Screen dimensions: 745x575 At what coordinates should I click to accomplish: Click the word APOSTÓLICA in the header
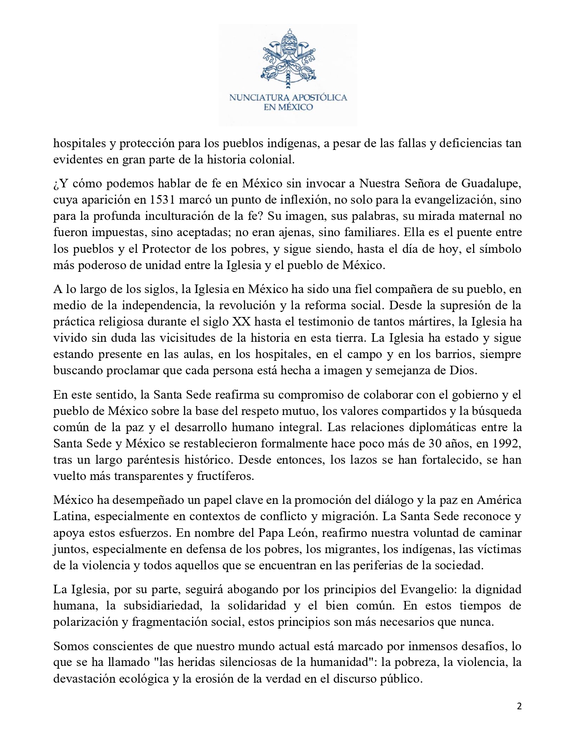click(x=320, y=98)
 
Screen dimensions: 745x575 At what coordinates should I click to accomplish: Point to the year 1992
click(x=506, y=444)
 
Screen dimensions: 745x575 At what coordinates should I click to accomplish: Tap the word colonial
click(x=272, y=160)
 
